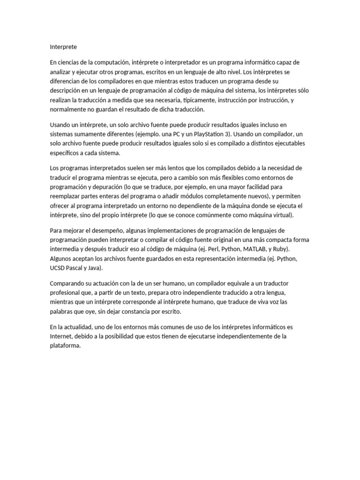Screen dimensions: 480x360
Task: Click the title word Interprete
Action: pyautogui.click(x=63, y=47)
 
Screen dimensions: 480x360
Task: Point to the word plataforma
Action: pyautogui.click(x=68, y=346)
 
